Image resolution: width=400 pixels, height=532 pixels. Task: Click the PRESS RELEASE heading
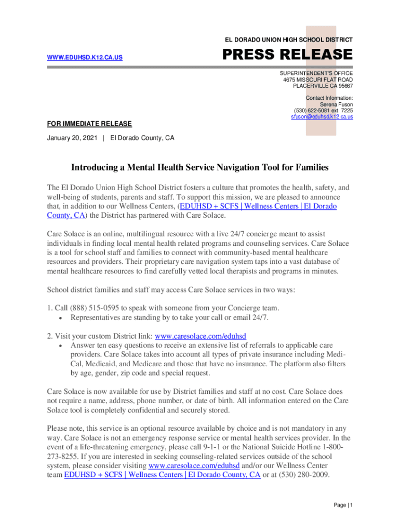click(x=287, y=55)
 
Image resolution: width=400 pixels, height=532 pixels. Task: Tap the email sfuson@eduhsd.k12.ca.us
click(x=322, y=117)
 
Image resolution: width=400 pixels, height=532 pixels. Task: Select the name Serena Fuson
click(x=336, y=104)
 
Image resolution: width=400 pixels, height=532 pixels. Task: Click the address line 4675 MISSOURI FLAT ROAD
click(x=318, y=80)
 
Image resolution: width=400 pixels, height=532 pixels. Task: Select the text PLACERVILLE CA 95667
click(x=323, y=86)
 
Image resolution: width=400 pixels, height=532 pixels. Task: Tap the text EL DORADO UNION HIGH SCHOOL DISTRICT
click(x=288, y=40)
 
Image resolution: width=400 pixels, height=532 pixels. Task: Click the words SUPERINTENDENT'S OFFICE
click(x=316, y=74)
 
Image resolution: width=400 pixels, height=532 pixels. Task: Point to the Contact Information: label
click(x=329, y=98)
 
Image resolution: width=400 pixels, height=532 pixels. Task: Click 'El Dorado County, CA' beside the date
click(x=142, y=138)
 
